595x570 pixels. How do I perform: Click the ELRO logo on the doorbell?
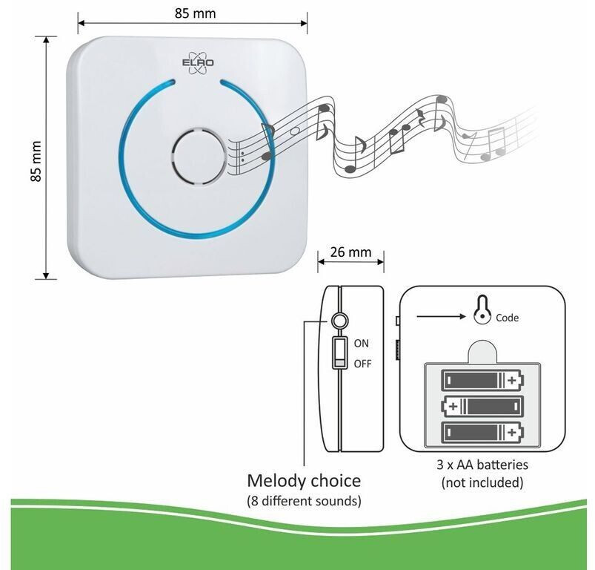point(198,63)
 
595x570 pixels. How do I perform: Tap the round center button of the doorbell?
point(199,157)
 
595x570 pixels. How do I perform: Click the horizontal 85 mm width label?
point(195,13)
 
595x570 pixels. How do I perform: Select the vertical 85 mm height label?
point(36,161)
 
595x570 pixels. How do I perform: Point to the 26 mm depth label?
point(350,252)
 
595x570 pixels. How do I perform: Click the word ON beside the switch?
point(362,344)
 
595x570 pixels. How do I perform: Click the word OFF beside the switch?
point(362,364)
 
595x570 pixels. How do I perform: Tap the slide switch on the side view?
point(339,353)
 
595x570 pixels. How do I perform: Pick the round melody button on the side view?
point(339,321)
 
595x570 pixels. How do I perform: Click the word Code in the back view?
point(507,318)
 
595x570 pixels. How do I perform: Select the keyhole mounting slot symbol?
point(482,309)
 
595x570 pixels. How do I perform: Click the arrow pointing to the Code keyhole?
point(441,316)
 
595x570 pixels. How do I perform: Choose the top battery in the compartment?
point(482,380)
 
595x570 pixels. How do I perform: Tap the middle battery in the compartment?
point(482,406)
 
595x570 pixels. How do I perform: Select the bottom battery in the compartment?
point(482,433)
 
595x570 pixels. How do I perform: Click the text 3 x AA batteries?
point(482,465)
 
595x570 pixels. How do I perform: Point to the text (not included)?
point(482,482)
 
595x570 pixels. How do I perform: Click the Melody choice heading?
point(304,481)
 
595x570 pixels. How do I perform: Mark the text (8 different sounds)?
point(304,501)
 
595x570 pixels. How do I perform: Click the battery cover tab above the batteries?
point(482,352)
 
